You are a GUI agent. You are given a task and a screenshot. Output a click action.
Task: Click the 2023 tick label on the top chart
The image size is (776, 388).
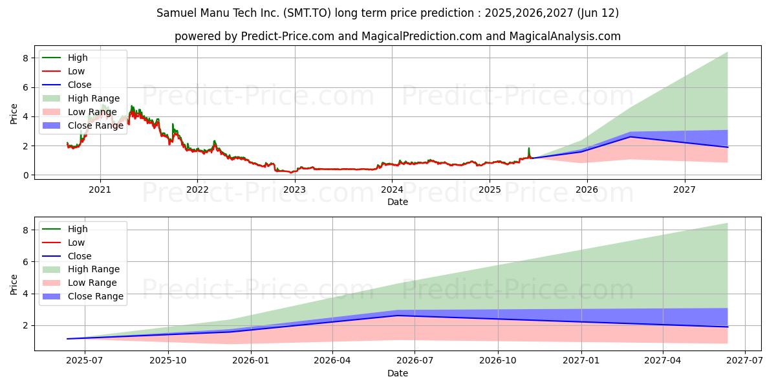coord(295,190)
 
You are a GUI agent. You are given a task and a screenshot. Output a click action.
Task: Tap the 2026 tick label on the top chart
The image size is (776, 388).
coord(587,190)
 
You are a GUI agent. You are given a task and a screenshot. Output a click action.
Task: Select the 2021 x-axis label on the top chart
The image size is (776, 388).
coord(100,190)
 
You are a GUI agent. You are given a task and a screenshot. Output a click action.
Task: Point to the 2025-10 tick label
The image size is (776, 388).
coord(168,361)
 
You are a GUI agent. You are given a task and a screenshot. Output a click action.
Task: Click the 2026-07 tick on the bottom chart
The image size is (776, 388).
coord(415,361)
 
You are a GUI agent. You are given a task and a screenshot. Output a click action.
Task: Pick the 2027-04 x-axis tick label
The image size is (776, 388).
coord(663,361)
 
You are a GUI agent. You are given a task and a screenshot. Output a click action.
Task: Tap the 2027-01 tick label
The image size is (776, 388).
coord(581,361)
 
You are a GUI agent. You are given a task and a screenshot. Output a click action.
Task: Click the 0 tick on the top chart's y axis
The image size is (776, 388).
coord(26,176)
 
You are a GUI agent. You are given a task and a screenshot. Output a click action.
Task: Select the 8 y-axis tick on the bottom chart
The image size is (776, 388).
coord(26,230)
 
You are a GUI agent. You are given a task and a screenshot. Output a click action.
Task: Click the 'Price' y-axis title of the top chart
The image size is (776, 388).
coord(14,114)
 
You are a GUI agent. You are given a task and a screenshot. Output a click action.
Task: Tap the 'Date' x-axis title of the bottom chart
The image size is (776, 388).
coord(398,374)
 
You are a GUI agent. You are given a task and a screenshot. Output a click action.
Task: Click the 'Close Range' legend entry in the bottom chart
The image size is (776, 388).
coord(83,297)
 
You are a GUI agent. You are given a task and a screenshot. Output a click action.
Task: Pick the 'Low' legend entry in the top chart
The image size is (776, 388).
coord(63,71)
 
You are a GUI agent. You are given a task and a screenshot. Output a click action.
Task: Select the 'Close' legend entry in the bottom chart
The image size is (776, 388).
coord(67,256)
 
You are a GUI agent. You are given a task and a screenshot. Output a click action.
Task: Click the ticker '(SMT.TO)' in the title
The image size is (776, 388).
coord(307,13)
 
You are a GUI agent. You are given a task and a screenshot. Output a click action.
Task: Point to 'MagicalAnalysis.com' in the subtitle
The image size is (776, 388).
coord(565,36)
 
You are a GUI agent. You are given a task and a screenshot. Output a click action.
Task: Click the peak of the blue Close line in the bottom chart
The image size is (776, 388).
coord(398,316)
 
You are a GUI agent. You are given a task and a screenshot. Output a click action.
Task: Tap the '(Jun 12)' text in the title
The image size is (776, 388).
coord(598,13)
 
